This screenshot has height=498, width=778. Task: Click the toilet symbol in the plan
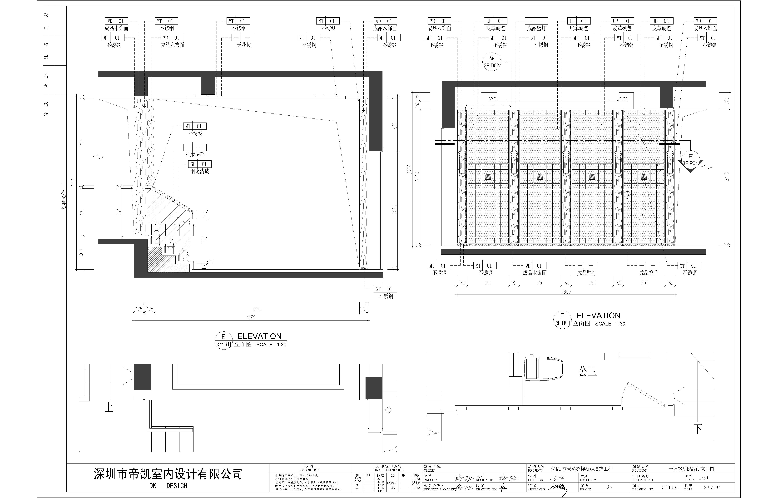coord(543,369)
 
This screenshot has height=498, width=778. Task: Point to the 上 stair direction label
coord(109,407)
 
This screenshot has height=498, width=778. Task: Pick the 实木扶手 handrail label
coord(195,155)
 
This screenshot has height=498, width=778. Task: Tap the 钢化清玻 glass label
coord(199,171)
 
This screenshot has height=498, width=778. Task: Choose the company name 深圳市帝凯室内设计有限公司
coord(168,474)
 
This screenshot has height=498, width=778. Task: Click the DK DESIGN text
coord(168,486)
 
